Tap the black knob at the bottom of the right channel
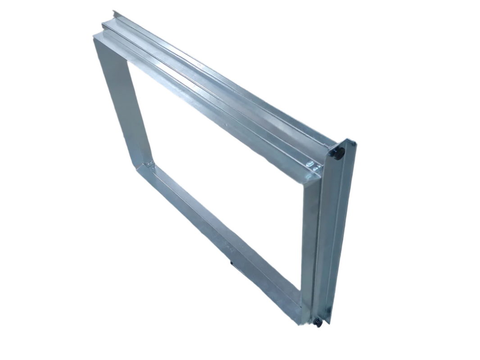coord(318,322)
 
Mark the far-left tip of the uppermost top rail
coord(113,11)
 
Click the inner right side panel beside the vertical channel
coord(311,238)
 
